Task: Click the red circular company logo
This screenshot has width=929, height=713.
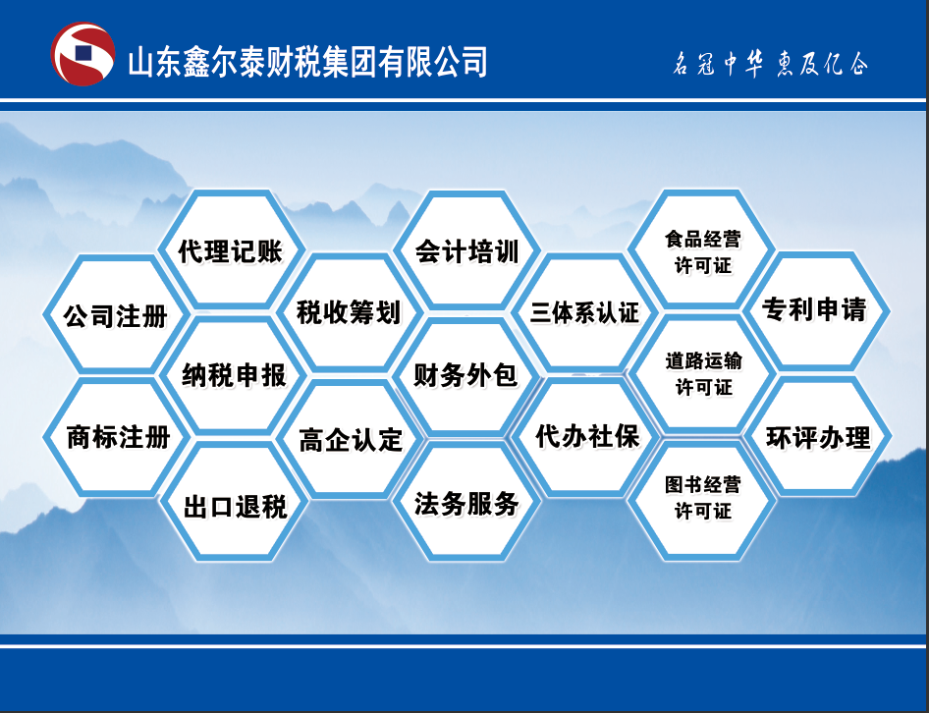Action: click(x=82, y=54)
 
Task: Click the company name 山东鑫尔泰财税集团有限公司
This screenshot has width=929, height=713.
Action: click(x=307, y=62)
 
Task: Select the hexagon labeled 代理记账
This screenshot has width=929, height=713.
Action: click(x=231, y=249)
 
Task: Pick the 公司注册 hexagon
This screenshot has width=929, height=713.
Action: click(x=116, y=314)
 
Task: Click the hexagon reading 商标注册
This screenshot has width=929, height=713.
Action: click(x=117, y=437)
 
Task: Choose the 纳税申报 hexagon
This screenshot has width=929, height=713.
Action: click(x=234, y=375)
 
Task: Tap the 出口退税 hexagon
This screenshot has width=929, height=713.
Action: click(x=235, y=502)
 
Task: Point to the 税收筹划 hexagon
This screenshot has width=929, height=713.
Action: click(x=350, y=312)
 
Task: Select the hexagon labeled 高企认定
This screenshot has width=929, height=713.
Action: click(x=351, y=439)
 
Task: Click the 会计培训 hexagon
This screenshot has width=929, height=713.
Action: click(x=466, y=250)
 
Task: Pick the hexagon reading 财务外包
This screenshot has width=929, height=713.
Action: click(x=465, y=375)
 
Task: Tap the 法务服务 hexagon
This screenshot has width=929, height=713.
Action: click(x=466, y=502)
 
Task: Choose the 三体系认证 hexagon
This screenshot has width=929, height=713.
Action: click(x=585, y=312)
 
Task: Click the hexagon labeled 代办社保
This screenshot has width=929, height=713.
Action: click(x=586, y=437)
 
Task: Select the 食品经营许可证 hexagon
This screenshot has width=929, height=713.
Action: click(x=701, y=249)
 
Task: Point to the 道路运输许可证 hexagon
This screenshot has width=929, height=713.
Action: click(x=703, y=373)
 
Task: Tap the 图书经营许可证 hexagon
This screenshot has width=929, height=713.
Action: click(x=701, y=500)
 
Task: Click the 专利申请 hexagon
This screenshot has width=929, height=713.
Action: click(x=815, y=311)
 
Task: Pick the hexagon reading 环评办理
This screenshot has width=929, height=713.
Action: click(x=818, y=436)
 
